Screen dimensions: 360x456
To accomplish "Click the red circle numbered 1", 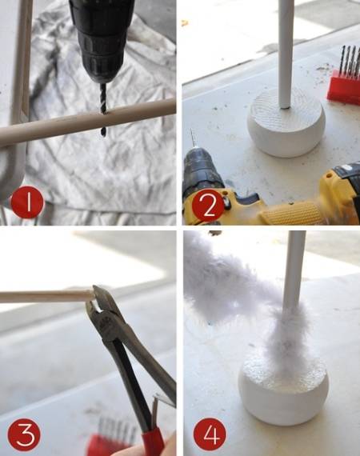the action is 27,202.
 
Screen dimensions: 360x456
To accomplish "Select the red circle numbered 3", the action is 24,435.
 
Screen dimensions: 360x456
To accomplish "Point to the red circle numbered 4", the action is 210,434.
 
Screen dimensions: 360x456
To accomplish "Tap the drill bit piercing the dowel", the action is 103,110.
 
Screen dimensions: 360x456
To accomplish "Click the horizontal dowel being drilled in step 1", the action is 87,122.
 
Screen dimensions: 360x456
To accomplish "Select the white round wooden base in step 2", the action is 286,123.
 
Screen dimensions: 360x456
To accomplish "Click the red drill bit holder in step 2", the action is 343,86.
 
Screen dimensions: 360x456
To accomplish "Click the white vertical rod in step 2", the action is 286,54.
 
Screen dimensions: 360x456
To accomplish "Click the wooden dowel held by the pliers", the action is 46,296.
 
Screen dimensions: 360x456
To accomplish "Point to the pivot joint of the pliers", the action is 106,328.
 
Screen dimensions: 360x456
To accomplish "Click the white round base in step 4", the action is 283,393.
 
